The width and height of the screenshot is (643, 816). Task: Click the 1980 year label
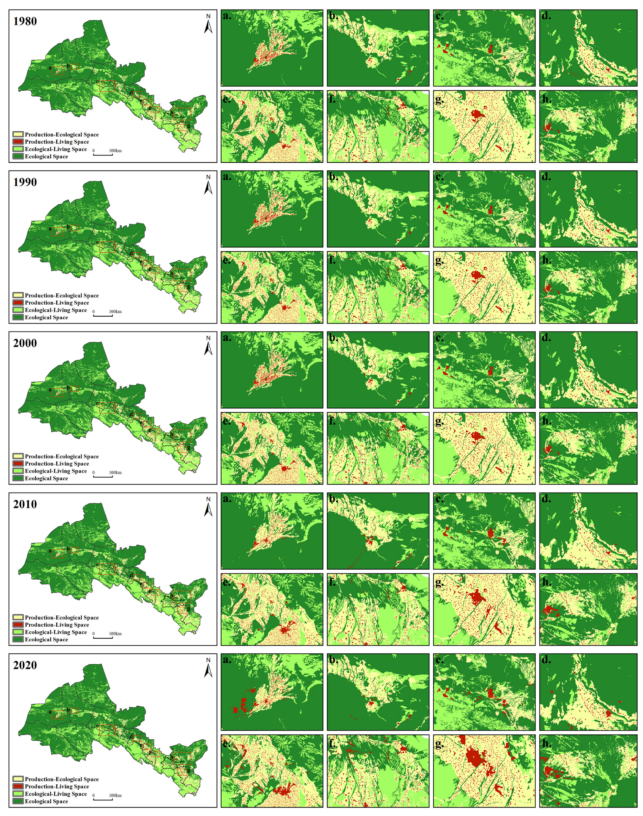coord(25,21)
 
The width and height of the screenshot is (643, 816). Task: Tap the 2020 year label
coord(25,665)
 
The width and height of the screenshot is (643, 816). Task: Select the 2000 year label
coord(25,343)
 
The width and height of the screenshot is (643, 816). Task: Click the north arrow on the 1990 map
coord(208,185)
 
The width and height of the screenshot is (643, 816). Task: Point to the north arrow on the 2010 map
coord(208,507)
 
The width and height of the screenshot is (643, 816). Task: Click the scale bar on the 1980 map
coord(103,155)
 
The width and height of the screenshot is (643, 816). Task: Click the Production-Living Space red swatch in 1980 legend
coord(18,142)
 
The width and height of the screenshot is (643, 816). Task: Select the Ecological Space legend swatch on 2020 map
coord(18,801)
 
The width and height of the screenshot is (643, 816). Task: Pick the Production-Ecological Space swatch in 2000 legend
coord(18,456)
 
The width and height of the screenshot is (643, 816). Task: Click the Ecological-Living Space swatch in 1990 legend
coord(18,310)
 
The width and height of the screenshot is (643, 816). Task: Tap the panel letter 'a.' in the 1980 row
coord(227,16)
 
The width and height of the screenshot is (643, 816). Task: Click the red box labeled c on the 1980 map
coord(107,86)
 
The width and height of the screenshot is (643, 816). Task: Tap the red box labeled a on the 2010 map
coord(58,553)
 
